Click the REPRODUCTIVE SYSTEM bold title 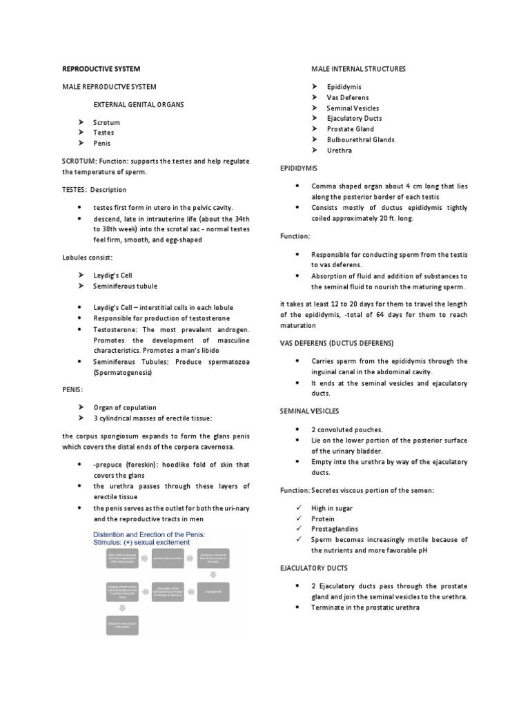(x=101, y=69)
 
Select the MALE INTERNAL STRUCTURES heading (x=358, y=69)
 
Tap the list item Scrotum (x=106, y=122)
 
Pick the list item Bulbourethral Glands (x=360, y=139)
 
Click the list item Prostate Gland (x=350, y=128)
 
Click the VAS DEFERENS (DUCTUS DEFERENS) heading (x=336, y=343)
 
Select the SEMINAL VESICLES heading (x=309, y=411)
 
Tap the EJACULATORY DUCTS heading (x=313, y=568)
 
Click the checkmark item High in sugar (x=332, y=508)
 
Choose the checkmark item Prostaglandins (x=333, y=529)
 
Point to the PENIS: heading (x=72, y=389)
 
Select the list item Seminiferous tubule (x=125, y=286)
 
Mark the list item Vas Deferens (x=347, y=97)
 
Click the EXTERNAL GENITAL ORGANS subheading (x=139, y=104)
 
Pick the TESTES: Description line (x=94, y=190)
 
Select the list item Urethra (x=339, y=150)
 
